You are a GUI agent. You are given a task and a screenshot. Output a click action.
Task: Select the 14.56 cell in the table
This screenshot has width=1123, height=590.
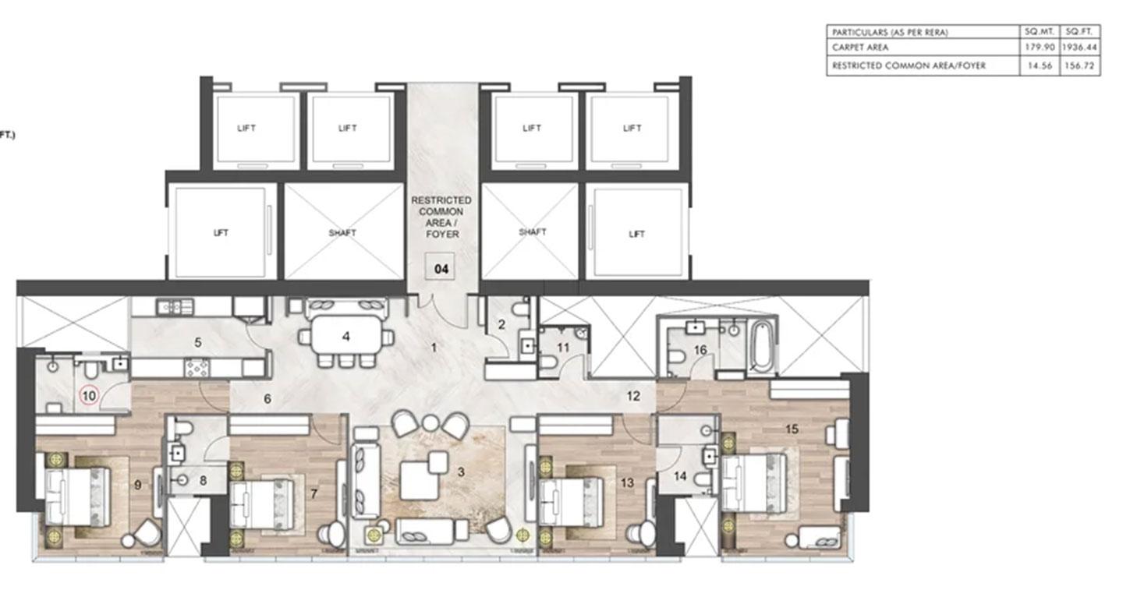1040,66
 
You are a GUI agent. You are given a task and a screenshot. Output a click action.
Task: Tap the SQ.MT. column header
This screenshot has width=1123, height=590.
1040,32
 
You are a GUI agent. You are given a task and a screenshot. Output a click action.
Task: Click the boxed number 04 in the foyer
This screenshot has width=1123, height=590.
441,270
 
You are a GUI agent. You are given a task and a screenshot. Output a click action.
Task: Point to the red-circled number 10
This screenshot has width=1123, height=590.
89,396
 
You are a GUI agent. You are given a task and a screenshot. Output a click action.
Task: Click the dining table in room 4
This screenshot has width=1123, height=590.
345,337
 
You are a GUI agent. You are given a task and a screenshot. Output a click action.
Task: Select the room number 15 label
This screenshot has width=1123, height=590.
792,429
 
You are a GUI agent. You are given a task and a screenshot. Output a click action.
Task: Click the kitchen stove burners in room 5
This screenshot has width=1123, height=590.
196,368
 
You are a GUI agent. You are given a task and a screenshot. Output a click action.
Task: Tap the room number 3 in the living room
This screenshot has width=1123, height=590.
461,472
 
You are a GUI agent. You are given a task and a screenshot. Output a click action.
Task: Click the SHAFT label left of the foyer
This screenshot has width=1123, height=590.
342,233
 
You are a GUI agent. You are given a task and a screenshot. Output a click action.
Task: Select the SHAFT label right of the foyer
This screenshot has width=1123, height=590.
532,232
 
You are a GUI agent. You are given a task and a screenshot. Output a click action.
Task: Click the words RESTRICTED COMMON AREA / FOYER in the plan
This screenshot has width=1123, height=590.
441,217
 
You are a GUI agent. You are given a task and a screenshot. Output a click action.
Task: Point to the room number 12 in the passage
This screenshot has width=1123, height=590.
633,396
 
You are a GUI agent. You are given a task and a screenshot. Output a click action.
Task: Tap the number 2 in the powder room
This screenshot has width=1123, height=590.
502,324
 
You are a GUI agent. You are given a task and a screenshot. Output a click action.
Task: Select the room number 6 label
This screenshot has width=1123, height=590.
267,399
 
